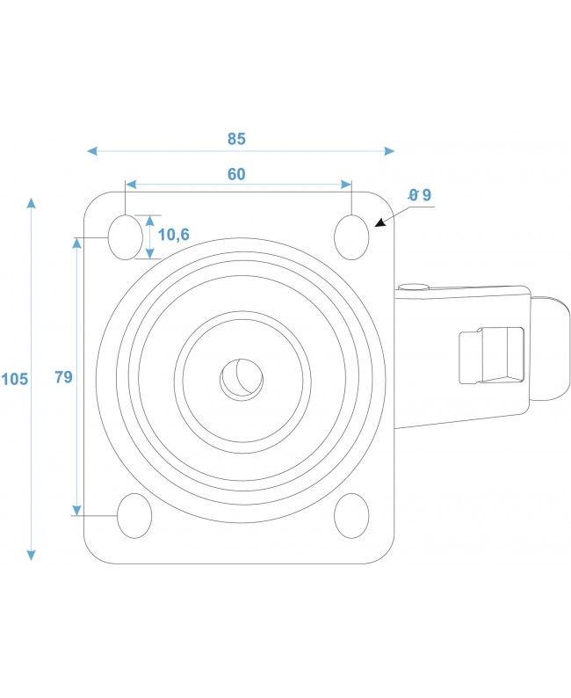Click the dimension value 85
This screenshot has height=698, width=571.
coord(236,138)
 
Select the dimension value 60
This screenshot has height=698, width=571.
coord(236,174)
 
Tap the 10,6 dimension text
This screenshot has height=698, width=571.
coord(174,235)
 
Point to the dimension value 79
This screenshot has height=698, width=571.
coord(62,377)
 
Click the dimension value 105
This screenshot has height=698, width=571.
coord(15,379)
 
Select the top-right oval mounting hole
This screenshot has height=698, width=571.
coord(351,236)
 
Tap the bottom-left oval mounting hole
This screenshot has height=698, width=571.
coord(134,516)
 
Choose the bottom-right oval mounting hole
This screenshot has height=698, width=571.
coord(351,516)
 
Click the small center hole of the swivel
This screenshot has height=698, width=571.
coord(242,378)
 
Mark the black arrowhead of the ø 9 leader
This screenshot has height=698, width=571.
coord(379,225)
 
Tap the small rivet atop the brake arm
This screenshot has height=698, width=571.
coord(412,286)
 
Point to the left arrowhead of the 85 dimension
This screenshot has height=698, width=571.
coord(91,151)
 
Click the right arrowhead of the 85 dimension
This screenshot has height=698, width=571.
coord(390,151)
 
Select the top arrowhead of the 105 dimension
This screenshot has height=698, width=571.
coord(32,203)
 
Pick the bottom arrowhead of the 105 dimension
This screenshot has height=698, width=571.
coord(32,555)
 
